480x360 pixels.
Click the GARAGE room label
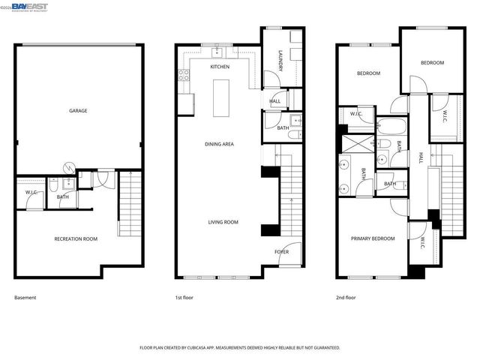(x=78, y=111)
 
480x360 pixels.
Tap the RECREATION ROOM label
(x=76, y=239)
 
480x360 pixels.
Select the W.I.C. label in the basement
(x=31, y=193)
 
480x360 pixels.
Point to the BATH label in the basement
(x=63, y=197)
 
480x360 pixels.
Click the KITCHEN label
(x=220, y=67)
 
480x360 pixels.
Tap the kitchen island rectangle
(x=221, y=97)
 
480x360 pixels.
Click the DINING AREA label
(x=220, y=143)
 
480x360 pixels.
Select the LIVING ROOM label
(x=223, y=222)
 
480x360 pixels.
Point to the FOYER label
(x=281, y=252)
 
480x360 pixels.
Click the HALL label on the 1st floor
(x=275, y=101)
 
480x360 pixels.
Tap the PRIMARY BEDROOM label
(x=373, y=238)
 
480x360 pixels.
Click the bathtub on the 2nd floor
(x=391, y=126)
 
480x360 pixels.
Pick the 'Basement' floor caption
(x=25, y=298)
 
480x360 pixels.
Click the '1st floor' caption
(x=184, y=298)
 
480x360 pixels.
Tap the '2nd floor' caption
(x=346, y=298)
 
